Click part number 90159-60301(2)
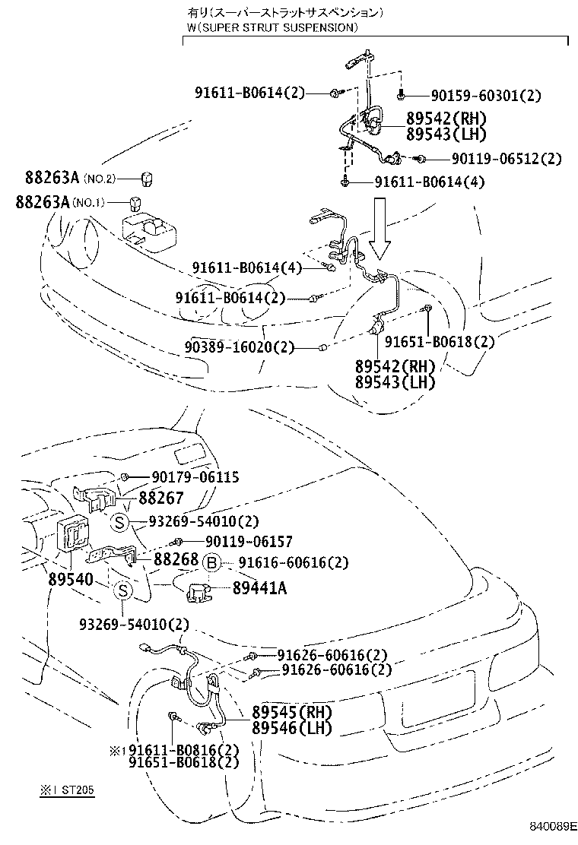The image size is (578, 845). [x=486, y=96]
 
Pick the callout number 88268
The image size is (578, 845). [x=176, y=559]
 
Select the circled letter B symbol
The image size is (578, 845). [x=212, y=562]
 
